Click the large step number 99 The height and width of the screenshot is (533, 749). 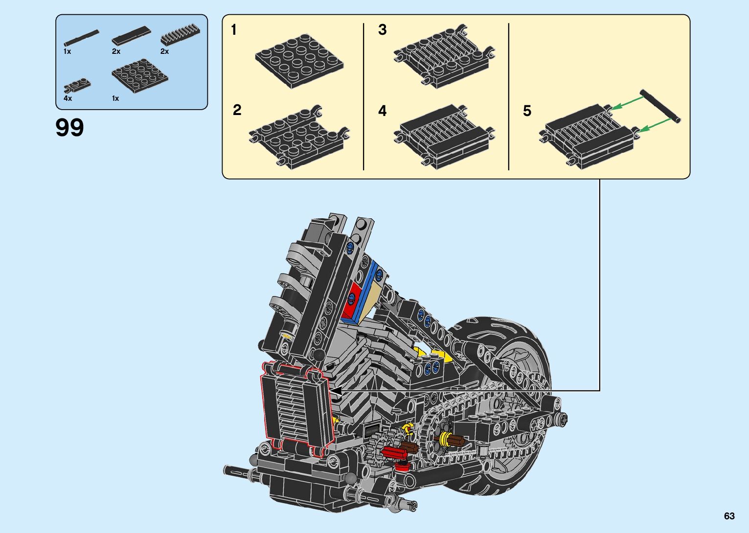coord(69,127)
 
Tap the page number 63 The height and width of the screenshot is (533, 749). coord(729,516)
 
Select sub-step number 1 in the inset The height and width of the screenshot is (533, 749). coord(234,30)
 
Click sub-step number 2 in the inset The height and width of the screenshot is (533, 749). coord(237,110)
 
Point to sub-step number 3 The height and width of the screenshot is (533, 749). coord(383,29)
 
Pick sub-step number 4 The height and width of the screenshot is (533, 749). coord(383,111)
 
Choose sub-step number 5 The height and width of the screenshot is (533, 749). coord(527,111)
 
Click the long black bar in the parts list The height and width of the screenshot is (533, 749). coord(82,38)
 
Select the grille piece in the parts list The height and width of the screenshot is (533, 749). coord(181,35)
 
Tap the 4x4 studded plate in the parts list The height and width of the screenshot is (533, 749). coord(140,76)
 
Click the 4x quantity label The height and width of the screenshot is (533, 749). coord(68,98)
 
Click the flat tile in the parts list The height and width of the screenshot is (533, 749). coord(131,35)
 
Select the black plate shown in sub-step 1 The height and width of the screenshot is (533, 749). coord(299,61)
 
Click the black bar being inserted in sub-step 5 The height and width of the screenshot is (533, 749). coord(660,106)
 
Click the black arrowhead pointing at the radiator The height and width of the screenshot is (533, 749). coord(336,391)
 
